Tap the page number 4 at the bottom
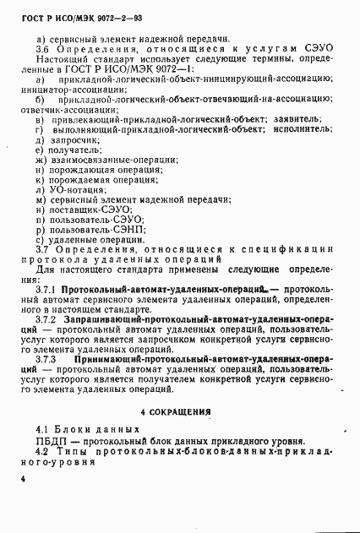(28, 478)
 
